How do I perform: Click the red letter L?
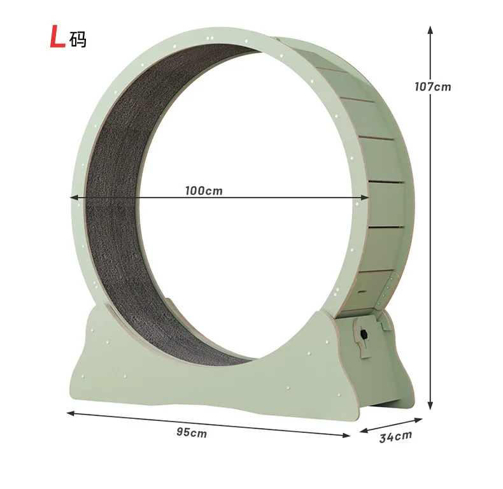coord(58,38)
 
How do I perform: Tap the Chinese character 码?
coord(78,39)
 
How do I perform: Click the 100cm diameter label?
coord(204,190)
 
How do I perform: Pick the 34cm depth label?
coord(395,437)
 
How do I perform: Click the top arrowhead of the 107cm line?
coord(430,29)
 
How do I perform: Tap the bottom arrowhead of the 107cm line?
coord(430,406)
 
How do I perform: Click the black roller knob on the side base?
coord(364,334)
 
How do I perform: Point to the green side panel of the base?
coord(382,376)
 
